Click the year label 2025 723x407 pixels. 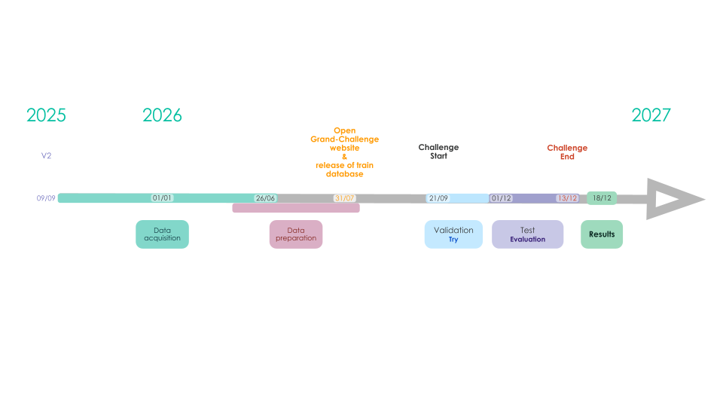click(x=46, y=115)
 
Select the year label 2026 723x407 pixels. click(x=162, y=115)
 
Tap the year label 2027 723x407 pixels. click(x=651, y=115)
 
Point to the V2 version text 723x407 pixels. click(x=46, y=155)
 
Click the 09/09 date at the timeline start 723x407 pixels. click(x=46, y=198)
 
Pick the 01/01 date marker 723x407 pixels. click(x=162, y=198)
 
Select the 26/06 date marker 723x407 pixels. click(x=265, y=198)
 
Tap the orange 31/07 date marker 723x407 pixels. click(x=344, y=198)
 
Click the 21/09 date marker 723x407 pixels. click(x=438, y=198)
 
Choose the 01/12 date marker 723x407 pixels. click(x=502, y=198)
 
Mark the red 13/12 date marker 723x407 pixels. click(x=567, y=198)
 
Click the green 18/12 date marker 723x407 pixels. click(x=602, y=198)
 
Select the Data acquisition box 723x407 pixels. click(x=163, y=234)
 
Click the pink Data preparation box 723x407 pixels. click(x=296, y=234)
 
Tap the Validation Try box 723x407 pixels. click(x=453, y=234)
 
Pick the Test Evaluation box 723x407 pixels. click(x=527, y=234)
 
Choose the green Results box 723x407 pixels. click(x=602, y=234)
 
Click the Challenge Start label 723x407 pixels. click(x=438, y=151)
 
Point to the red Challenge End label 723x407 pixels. click(x=567, y=151)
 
